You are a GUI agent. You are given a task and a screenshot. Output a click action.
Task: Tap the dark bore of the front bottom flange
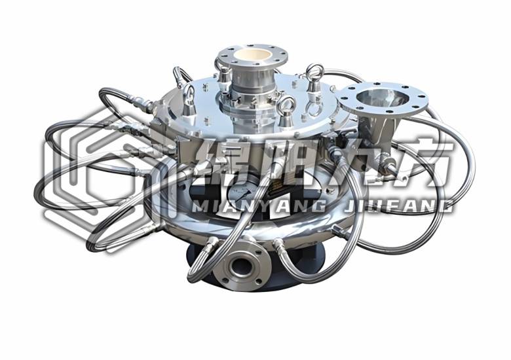[x=241, y=267]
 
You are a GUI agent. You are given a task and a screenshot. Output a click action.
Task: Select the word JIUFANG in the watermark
[x=398, y=207]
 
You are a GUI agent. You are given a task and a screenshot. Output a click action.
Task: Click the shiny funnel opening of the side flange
[x=381, y=98]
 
